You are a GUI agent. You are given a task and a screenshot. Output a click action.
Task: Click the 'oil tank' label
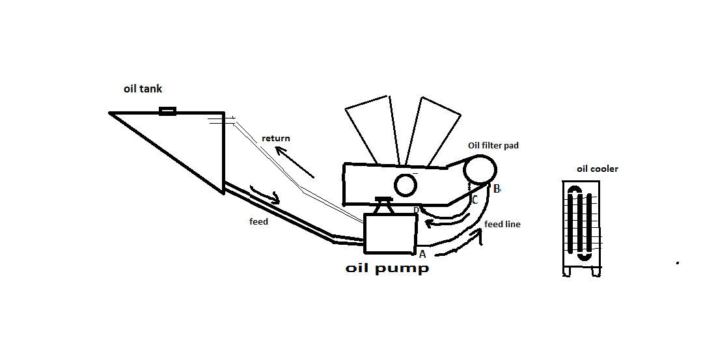[143, 89]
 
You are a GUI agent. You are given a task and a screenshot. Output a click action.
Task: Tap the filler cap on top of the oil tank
[167, 111]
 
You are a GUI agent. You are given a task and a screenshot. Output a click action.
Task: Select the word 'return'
[276, 139]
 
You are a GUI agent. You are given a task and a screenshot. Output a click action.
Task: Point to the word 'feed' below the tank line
[258, 222]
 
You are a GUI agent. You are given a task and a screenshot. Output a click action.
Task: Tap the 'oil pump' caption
[387, 268]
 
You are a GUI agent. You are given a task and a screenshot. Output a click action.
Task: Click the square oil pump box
[390, 234]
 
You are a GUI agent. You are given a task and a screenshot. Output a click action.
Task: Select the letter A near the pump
[422, 254]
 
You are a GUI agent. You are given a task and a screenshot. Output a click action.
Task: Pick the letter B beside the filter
[497, 189]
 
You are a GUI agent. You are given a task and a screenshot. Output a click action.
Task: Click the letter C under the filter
[475, 200]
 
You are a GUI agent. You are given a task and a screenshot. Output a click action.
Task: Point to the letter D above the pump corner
[417, 210]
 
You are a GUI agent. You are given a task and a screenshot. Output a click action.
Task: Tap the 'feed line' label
[503, 225]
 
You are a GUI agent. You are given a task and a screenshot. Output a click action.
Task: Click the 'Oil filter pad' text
[493, 146]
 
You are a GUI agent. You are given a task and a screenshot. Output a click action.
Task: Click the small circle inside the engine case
[406, 186]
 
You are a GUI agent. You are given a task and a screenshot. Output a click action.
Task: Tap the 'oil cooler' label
[598, 169]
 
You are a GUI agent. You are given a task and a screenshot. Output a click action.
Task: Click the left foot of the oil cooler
[568, 272]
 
